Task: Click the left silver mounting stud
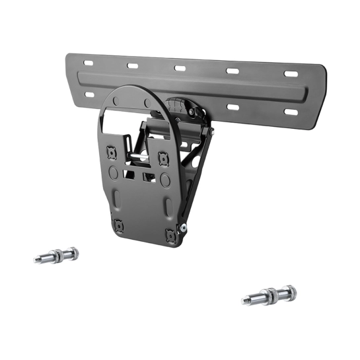pyautogui.click(x=55, y=255)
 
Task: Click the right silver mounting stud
pyautogui.click(x=270, y=295)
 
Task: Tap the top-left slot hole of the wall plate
pyautogui.click(x=88, y=63)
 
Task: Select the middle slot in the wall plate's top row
pyautogui.click(x=180, y=68)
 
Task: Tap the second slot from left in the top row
pyautogui.click(x=132, y=65)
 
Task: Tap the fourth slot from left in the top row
pyautogui.click(x=233, y=71)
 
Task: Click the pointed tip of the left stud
pyautogui.click(x=36, y=260)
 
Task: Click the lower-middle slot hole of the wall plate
pyautogui.click(x=233, y=106)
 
